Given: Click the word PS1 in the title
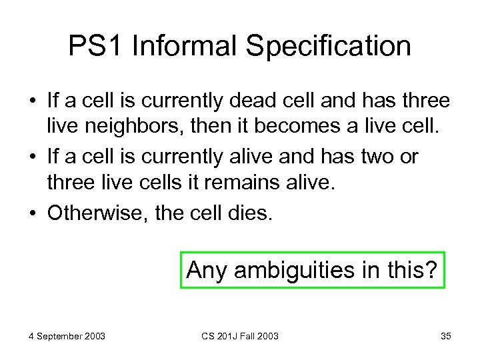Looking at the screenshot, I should (x=97, y=47).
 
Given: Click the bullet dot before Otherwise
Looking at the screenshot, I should (x=32, y=214).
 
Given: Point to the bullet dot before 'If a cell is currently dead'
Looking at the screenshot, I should (x=32, y=102).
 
